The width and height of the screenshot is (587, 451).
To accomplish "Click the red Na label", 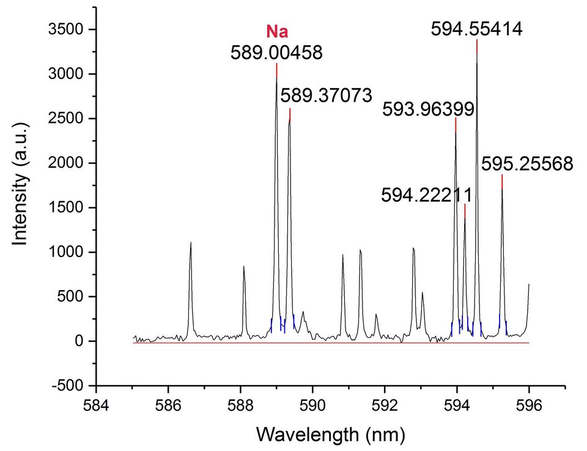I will tap(277, 32).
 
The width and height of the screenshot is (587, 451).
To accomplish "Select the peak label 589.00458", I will tap(276, 53).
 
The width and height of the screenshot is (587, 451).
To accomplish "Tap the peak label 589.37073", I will tap(326, 96).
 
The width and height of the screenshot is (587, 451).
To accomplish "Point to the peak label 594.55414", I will tap(477, 29).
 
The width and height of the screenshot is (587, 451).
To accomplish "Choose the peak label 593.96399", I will tap(428, 110).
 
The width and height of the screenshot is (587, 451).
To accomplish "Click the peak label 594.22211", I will tap(426, 195).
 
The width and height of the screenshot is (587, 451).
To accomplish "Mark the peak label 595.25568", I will tap(527, 164).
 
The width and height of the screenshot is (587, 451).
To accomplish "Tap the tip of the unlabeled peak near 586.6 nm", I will tap(191, 243).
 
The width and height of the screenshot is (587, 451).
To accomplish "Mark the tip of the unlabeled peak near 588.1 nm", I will tap(244, 266).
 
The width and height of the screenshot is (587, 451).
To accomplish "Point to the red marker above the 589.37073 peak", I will tap(290, 114).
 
